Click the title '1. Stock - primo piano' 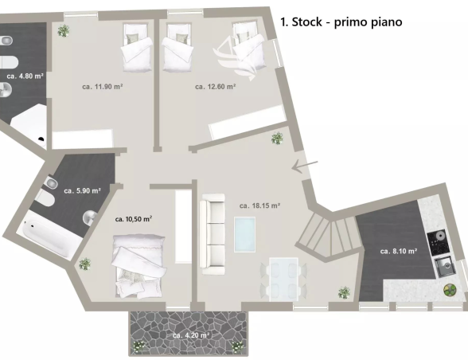(x=341, y=22)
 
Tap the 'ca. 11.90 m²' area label (x=103, y=87)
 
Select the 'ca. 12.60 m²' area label (x=216, y=87)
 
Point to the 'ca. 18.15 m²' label (x=259, y=205)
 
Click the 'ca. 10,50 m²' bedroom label (x=134, y=219)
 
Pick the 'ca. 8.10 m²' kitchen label (x=399, y=251)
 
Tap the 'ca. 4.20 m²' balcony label (x=191, y=335)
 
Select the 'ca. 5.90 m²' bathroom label (x=83, y=190)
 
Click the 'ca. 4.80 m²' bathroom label (x=25, y=76)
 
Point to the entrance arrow (x=305, y=166)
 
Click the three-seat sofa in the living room (x=213, y=234)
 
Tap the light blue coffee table (x=245, y=234)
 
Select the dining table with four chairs (x=283, y=279)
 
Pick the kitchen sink (x=445, y=267)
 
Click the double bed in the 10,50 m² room (x=138, y=265)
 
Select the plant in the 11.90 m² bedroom (x=64, y=30)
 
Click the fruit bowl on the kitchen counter (x=450, y=290)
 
